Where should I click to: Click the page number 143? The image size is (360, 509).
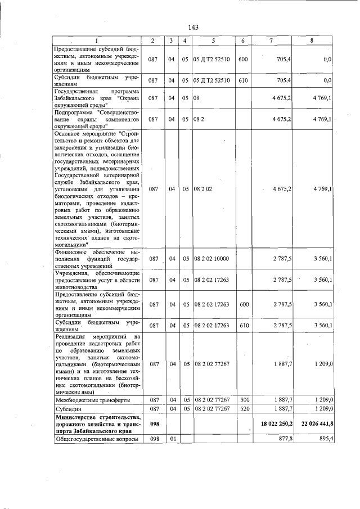coord(194,27)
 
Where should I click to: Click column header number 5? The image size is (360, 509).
coord(213,40)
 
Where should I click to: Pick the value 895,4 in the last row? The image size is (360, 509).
coord(324,439)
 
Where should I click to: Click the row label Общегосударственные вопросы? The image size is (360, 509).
coord(96,439)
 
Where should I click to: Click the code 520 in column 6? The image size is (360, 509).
coord(242,408)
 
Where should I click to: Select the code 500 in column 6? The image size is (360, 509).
coord(242,400)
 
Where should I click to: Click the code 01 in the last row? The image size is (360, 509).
coord(170,439)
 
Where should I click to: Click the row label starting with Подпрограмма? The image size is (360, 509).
coord(96,119)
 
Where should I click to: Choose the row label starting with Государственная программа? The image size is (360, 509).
coord(96,97)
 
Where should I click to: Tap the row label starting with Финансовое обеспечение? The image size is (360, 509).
coord(96,259)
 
